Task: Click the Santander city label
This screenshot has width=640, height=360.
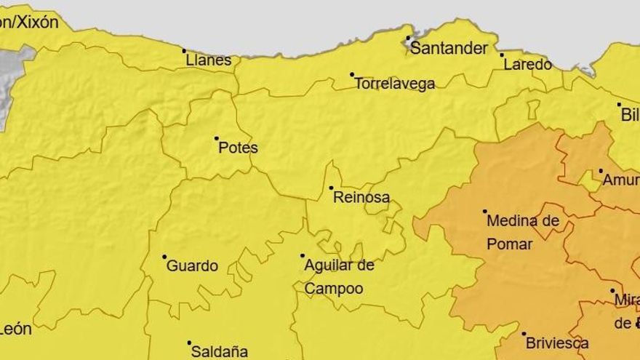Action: pos(449,49)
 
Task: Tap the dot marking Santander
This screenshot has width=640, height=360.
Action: pos(408,38)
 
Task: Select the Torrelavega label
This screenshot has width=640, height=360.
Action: pos(394,84)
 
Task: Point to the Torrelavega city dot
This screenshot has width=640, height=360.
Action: pos(352,74)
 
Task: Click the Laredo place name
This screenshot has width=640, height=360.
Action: pos(527,64)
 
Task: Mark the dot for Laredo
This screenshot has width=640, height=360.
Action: pos(502,55)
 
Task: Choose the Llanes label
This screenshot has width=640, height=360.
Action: pos(209,60)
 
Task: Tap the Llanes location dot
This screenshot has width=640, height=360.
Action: pos(184,51)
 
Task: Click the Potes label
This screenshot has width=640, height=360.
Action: pos(238,148)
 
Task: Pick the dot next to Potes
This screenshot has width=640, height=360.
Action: pos(216,138)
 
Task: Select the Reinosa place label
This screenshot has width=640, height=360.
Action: pos(361,197)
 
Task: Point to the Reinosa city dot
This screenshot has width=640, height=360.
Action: pos(331,188)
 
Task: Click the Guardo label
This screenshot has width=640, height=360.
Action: pos(192,266)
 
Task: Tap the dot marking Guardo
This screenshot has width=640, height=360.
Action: pos(164,257)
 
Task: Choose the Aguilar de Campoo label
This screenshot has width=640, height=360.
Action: pos(339,276)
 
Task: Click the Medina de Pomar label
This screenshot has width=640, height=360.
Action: pos(521,232)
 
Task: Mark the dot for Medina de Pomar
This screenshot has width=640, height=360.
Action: pos(485,212)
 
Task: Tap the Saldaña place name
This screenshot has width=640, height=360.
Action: pos(219,351)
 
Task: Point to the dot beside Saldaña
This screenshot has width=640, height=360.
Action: pos(189,343)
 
